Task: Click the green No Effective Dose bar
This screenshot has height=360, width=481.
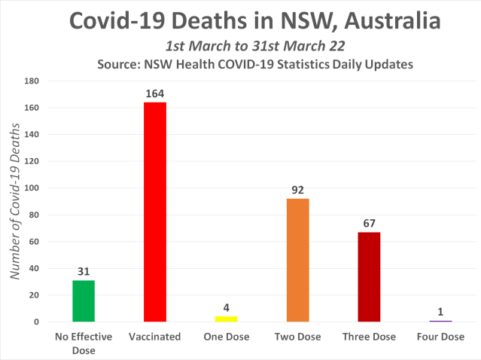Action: point(84,301)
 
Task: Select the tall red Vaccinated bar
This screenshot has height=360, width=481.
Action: point(154,212)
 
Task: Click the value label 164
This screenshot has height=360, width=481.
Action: point(154,94)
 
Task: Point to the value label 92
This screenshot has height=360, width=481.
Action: point(297,191)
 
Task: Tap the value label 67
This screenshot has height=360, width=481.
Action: point(369,224)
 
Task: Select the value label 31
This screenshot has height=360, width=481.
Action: point(84,272)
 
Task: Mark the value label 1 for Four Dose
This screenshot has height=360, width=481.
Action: point(440,312)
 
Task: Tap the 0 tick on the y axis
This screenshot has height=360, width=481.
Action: point(36,322)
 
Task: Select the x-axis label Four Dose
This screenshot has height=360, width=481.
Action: point(440,337)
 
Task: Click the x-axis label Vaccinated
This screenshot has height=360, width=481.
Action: point(154,337)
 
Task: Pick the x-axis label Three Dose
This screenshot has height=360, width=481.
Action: point(369,337)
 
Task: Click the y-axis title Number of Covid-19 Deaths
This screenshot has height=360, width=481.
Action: point(14,201)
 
